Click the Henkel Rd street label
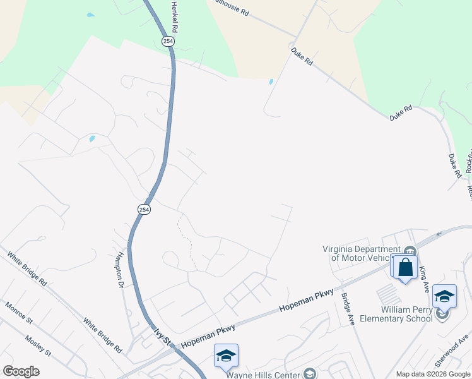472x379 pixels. [x=175, y=17]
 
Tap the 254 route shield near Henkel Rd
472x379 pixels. [x=168, y=41]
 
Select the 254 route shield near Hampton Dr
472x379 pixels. [x=143, y=209]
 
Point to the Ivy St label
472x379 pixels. [x=163, y=335]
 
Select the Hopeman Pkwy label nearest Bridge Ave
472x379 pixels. [x=306, y=302]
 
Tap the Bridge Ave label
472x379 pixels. [x=348, y=308]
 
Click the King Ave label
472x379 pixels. [x=424, y=278]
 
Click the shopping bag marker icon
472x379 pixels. [x=405, y=267]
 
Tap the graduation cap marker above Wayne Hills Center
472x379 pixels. [x=226, y=356]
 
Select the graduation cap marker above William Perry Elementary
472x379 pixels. [x=445, y=296]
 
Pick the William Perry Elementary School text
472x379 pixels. [x=406, y=314]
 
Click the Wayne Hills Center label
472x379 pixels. [x=263, y=374]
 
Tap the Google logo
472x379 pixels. [x=21, y=371]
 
